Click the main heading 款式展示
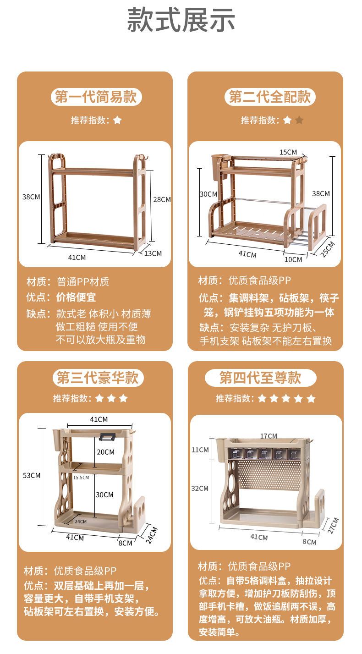pyautogui.click(x=181, y=20)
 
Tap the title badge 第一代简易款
pyautogui.click(x=96, y=97)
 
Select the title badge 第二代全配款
pyautogui.click(x=270, y=97)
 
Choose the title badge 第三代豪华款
pyautogui.click(x=98, y=378)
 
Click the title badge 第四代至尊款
pyautogui.click(x=260, y=378)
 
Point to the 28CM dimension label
pyautogui.click(x=162, y=200)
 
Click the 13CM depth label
pyautogui.click(x=153, y=253)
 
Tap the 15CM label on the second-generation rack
pyautogui.click(x=288, y=153)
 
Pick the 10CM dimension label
pyautogui.click(x=293, y=259)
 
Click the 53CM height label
pyautogui.click(x=32, y=476)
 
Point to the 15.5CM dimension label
pyautogui.click(x=81, y=478)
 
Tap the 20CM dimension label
pyautogui.click(x=106, y=452)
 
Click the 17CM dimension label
pyautogui.click(x=269, y=436)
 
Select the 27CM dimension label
pyautogui.click(x=333, y=526)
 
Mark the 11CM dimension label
pyautogui.click(x=200, y=450)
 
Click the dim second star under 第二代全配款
pyautogui.click(x=299, y=120)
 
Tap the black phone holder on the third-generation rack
pyautogui.click(x=107, y=436)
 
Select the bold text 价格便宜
pyautogui.click(x=76, y=297)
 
